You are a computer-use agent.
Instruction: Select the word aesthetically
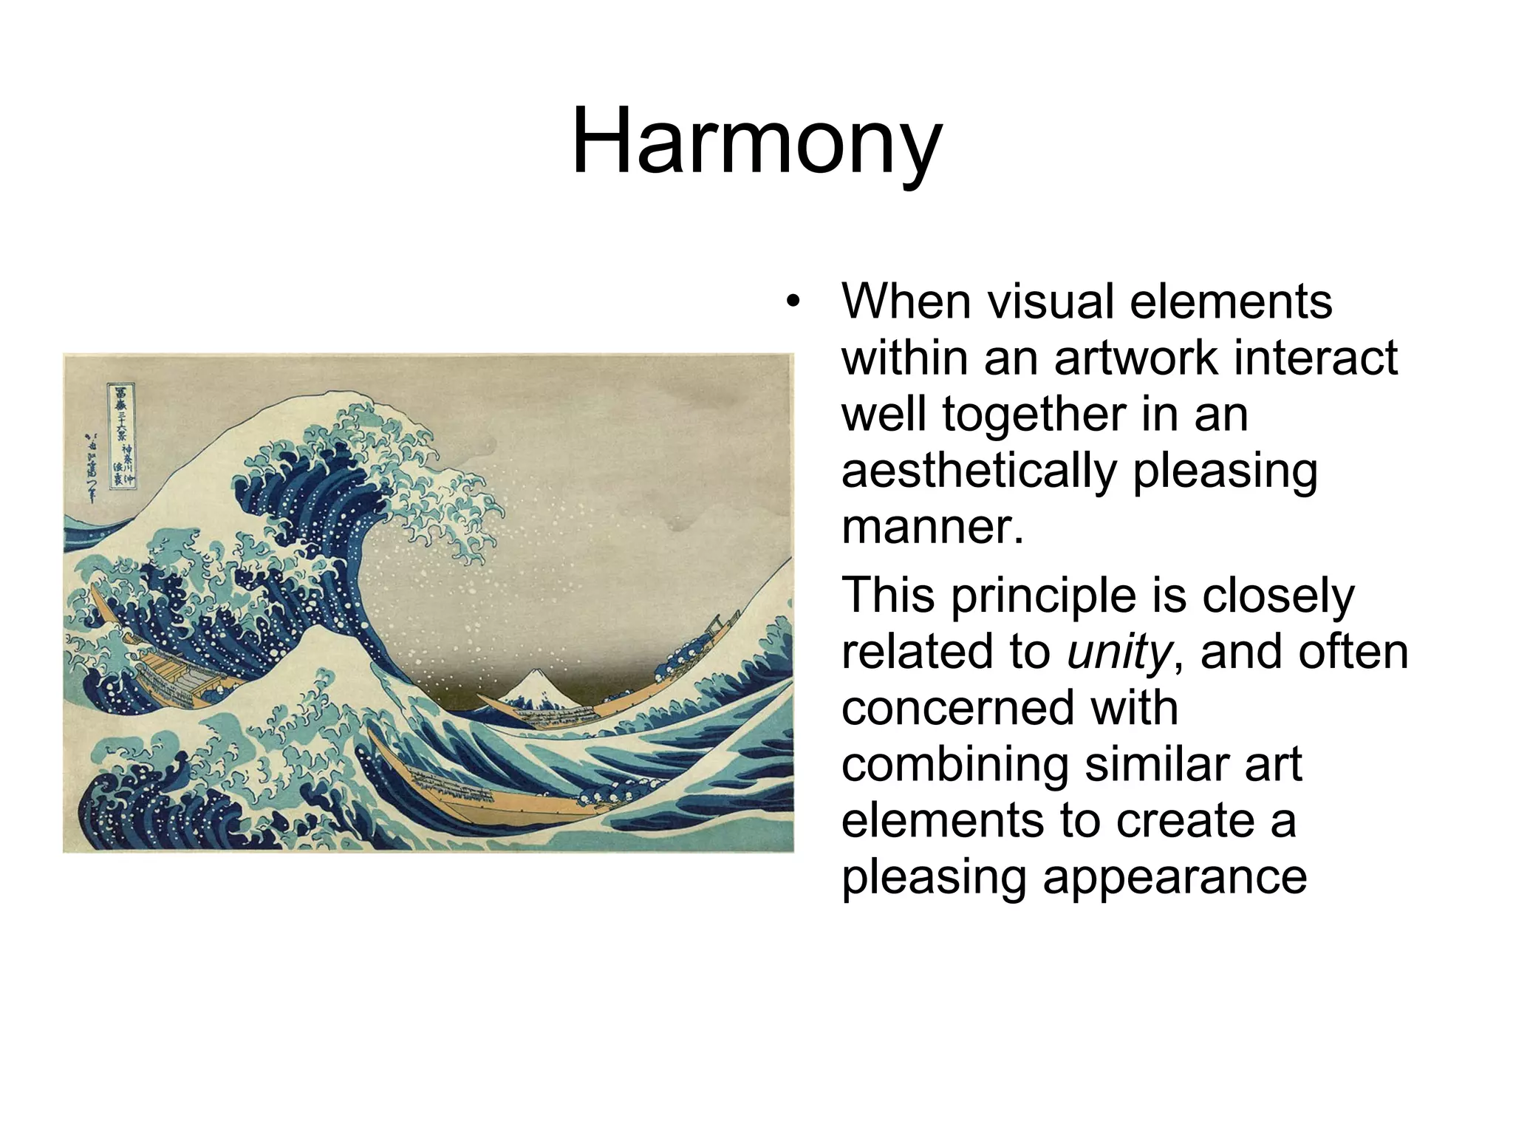click(x=979, y=471)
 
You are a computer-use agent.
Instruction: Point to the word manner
click(x=932, y=527)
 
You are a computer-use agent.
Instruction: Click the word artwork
click(x=1133, y=358)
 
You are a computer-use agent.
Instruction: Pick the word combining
click(x=954, y=765)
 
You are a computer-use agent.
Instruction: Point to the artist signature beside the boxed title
click(x=92, y=467)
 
